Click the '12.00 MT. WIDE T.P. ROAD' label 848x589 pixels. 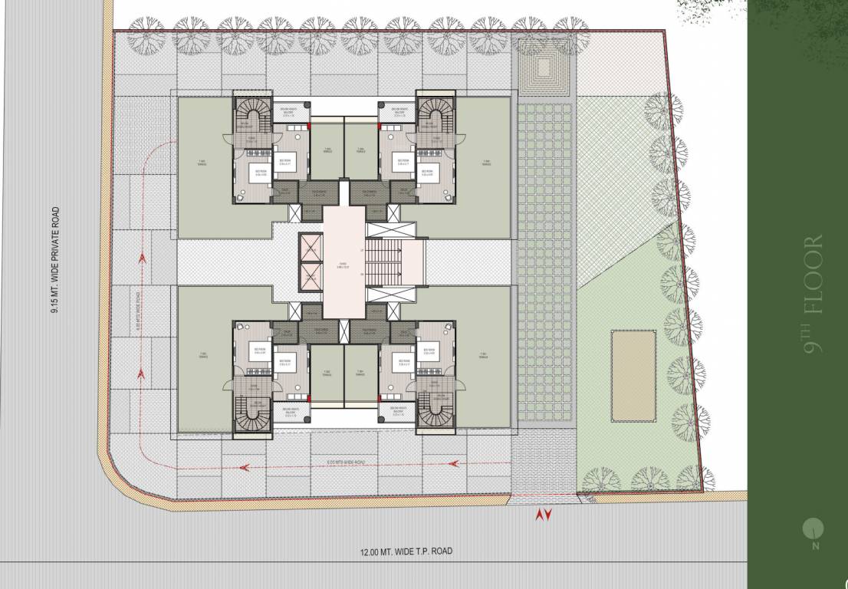[406, 551]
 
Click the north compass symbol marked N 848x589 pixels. [813, 528]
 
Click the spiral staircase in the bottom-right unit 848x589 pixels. [436, 414]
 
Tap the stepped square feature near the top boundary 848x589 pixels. [544, 67]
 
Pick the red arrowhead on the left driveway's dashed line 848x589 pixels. [143, 258]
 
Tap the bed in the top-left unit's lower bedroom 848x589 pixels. [254, 176]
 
